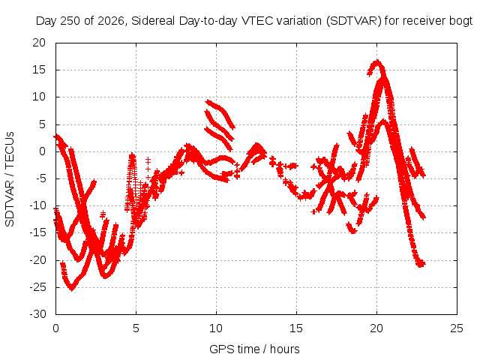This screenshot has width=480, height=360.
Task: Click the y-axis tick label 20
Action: [39, 43]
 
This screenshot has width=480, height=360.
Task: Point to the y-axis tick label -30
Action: [38, 314]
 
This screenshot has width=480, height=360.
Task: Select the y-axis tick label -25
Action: [38, 287]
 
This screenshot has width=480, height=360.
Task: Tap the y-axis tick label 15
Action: [39, 70]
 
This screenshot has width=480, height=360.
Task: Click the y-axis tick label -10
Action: [38, 205]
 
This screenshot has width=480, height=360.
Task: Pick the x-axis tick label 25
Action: [457, 328]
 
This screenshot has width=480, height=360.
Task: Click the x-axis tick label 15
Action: [296, 328]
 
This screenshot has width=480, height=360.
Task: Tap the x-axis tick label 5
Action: [136, 328]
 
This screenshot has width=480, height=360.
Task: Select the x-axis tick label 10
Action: [216, 328]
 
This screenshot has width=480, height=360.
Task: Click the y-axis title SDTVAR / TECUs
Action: [10, 179]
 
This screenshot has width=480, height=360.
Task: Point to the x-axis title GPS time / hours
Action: [254, 349]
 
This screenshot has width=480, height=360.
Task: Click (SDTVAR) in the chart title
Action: [353, 21]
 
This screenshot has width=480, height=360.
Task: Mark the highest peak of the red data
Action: [377, 61]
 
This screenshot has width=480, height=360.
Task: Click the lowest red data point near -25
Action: [72, 288]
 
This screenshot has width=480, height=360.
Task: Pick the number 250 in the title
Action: [70, 21]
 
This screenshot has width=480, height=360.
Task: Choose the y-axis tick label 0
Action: [42, 151]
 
